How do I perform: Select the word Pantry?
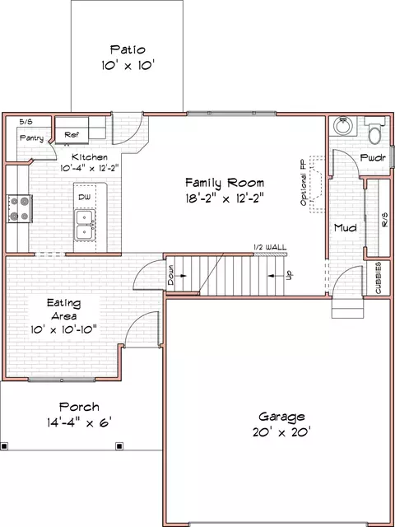pyautogui.click(x=31, y=138)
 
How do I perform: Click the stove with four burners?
pyautogui.click(x=20, y=208)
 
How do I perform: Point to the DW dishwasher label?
pyautogui.click(x=84, y=198)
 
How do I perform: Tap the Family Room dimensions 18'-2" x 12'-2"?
pyautogui.click(x=224, y=198)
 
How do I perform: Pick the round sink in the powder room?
pyautogui.click(x=342, y=126)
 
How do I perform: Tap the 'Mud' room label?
pyautogui.click(x=345, y=227)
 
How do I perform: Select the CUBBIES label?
pyautogui.click(x=378, y=278)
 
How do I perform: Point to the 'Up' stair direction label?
pyautogui.click(x=288, y=274)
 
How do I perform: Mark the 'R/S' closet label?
pyautogui.click(x=383, y=221)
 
